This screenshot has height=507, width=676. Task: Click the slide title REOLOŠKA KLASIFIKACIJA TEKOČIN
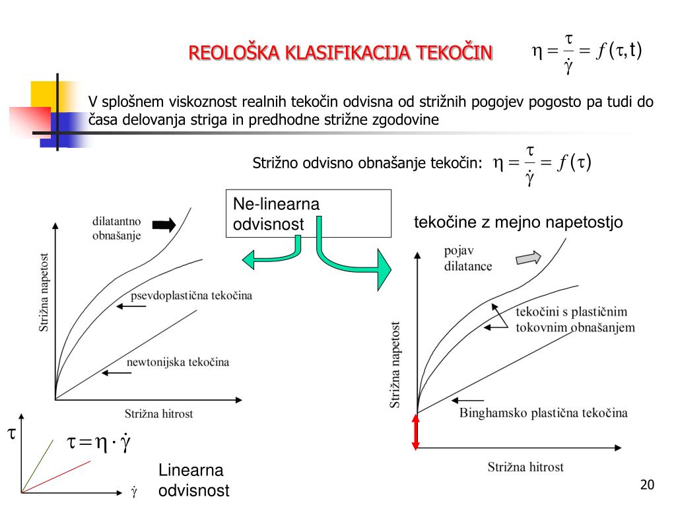tap(341, 52)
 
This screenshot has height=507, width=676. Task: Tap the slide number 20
tap(647, 486)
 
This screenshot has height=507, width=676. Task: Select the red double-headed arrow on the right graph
tap(416, 432)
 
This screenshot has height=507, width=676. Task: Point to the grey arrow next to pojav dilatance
tap(527, 258)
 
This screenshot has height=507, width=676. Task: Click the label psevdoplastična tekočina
tap(191, 295)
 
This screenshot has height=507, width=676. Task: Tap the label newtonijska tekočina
tap(178, 362)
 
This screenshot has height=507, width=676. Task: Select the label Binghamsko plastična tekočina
tap(543, 413)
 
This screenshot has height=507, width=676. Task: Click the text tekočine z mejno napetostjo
tap(518, 222)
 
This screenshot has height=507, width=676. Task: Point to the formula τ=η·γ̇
tap(99, 443)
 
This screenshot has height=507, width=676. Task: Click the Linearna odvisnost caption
tap(193, 481)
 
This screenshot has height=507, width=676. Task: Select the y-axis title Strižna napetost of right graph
tap(395, 364)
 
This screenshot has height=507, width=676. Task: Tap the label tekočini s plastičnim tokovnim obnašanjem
tap(574, 320)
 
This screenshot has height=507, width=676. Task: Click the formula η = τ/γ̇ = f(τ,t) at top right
tap(587, 52)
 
